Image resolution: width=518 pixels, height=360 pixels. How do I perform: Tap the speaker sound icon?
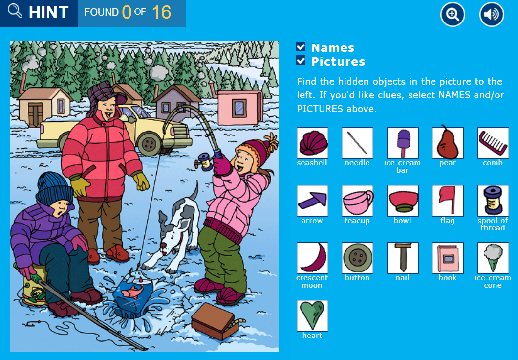491,15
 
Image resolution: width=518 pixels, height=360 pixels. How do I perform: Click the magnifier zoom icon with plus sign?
453,15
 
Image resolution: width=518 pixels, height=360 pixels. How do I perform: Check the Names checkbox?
301,47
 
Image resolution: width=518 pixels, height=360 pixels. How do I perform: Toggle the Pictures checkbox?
301,61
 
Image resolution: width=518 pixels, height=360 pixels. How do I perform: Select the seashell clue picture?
312,143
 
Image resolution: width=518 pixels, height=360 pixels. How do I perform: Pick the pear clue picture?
448,143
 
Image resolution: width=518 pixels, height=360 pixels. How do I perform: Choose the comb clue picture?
493,143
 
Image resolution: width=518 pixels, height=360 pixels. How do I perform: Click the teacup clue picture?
357,201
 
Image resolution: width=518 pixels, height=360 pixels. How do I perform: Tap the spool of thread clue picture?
493,201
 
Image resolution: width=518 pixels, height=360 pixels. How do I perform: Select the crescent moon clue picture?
312,258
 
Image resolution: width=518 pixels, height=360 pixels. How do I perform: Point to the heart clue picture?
312,315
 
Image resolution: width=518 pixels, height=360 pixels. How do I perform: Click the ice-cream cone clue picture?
493,258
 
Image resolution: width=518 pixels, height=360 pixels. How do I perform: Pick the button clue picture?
357,258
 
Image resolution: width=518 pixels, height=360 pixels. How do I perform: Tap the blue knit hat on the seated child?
54,188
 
